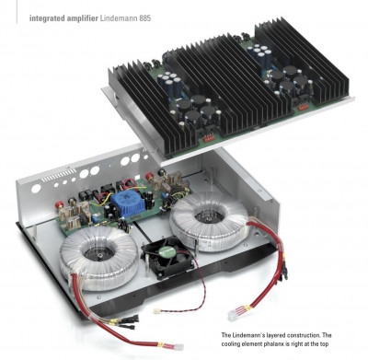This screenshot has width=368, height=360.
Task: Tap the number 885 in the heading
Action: pos(145,18)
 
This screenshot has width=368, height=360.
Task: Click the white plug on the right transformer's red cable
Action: pos(236,313)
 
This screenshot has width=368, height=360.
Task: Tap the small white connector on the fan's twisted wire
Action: pos(157,311)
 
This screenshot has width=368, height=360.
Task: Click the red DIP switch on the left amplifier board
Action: pos(210,139)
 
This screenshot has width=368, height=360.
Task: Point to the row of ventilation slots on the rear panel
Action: pos(58,176)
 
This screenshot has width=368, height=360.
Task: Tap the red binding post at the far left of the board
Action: pos(57,204)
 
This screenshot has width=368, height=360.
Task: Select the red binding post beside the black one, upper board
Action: pos(150,177)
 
